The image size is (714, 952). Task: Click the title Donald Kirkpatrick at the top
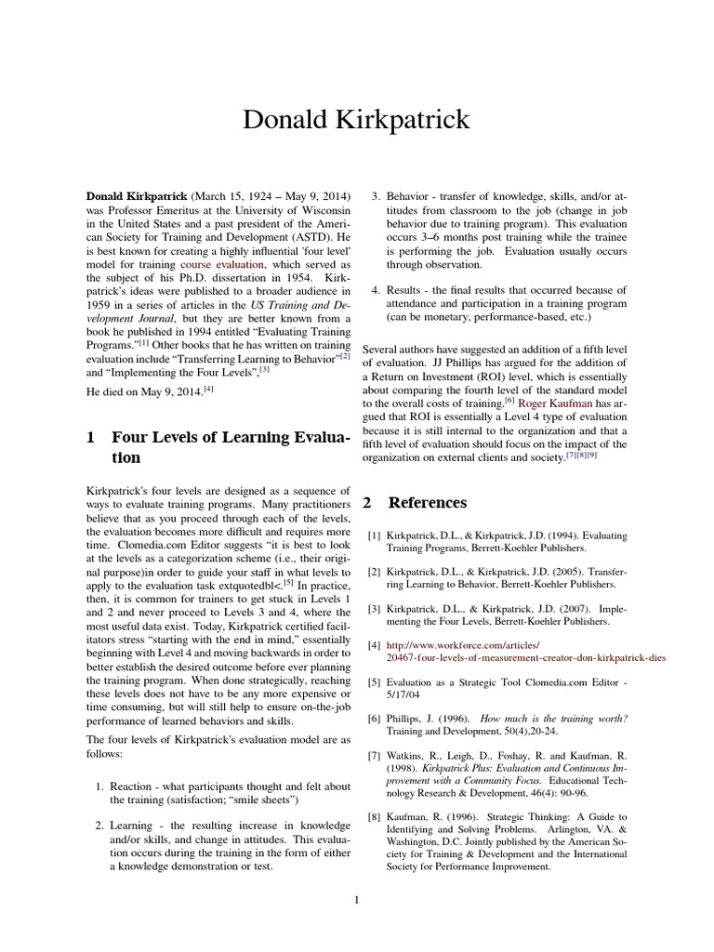pos(357,120)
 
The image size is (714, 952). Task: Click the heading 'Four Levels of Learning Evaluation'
pos(230,446)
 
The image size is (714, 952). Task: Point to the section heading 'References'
pos(427,503)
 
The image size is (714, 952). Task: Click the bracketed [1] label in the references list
pos(374,536)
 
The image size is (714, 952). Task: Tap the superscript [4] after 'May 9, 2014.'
pos(209,388)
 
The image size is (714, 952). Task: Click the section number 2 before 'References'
pos(367,503)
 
